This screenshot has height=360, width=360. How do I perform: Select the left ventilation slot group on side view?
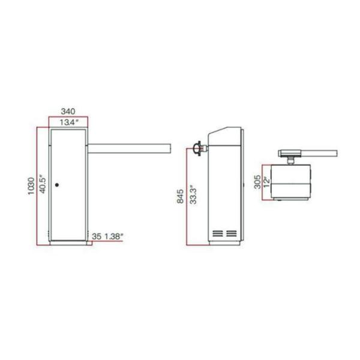pos(216,232)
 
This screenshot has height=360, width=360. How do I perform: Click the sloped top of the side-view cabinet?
pos(225,130)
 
